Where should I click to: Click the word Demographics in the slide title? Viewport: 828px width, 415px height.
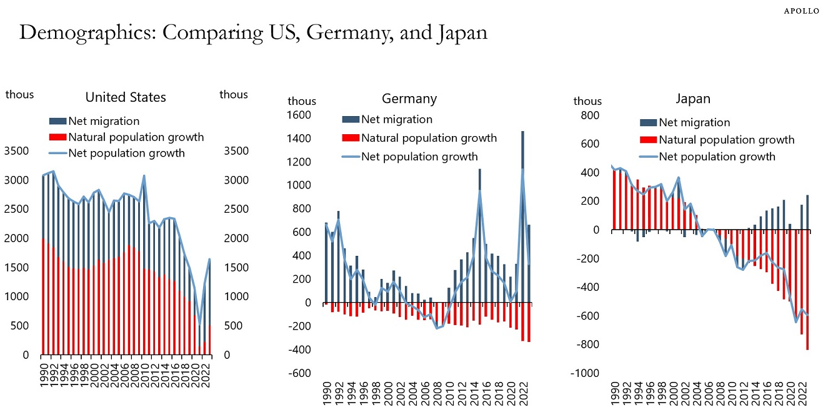(85, 32)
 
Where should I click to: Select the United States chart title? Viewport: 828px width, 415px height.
(126, 97)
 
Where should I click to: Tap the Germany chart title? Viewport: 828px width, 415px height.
(409, 99)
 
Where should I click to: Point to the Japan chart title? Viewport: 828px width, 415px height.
(693, 99)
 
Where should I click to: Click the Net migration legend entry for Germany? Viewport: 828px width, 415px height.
(396, 119)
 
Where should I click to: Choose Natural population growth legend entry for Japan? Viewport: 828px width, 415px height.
(726, 140)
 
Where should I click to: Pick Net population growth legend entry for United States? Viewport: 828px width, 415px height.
(126, 153)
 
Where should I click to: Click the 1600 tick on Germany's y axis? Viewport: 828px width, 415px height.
(298, 115)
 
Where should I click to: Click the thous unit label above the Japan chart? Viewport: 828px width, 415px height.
(587, 101)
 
